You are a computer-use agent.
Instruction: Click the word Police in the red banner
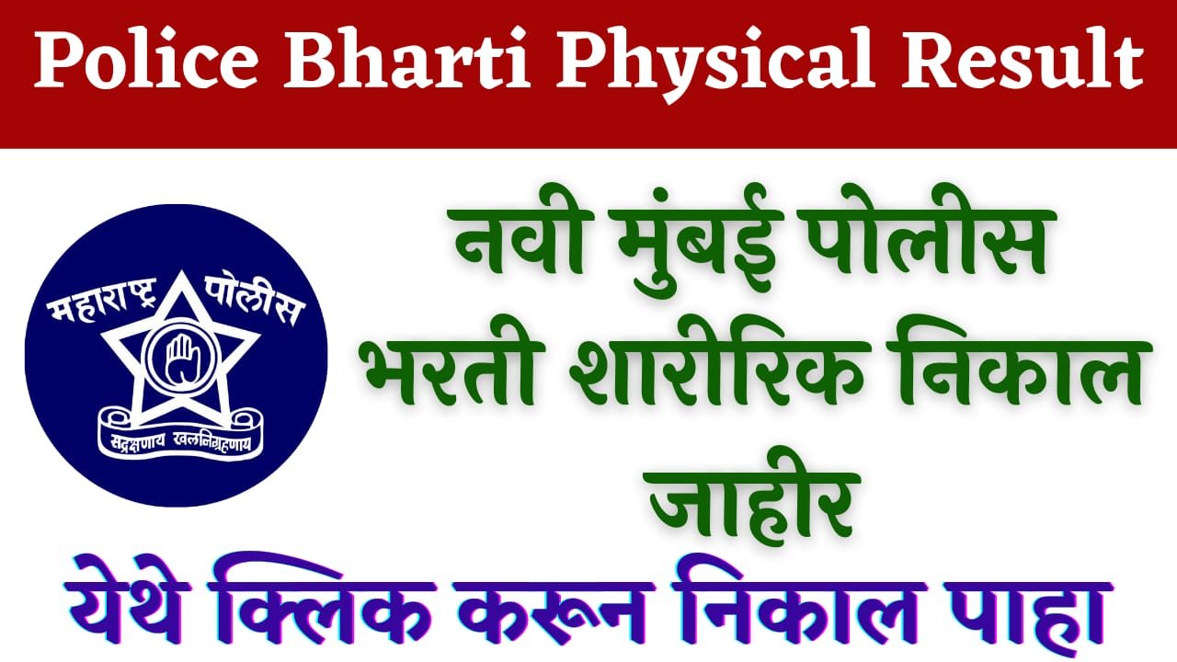pos(146,61)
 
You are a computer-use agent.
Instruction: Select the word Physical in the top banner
pos(714,65)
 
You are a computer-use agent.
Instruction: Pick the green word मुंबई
pos(700,243)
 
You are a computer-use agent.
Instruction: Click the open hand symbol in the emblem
pos(178,359)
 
